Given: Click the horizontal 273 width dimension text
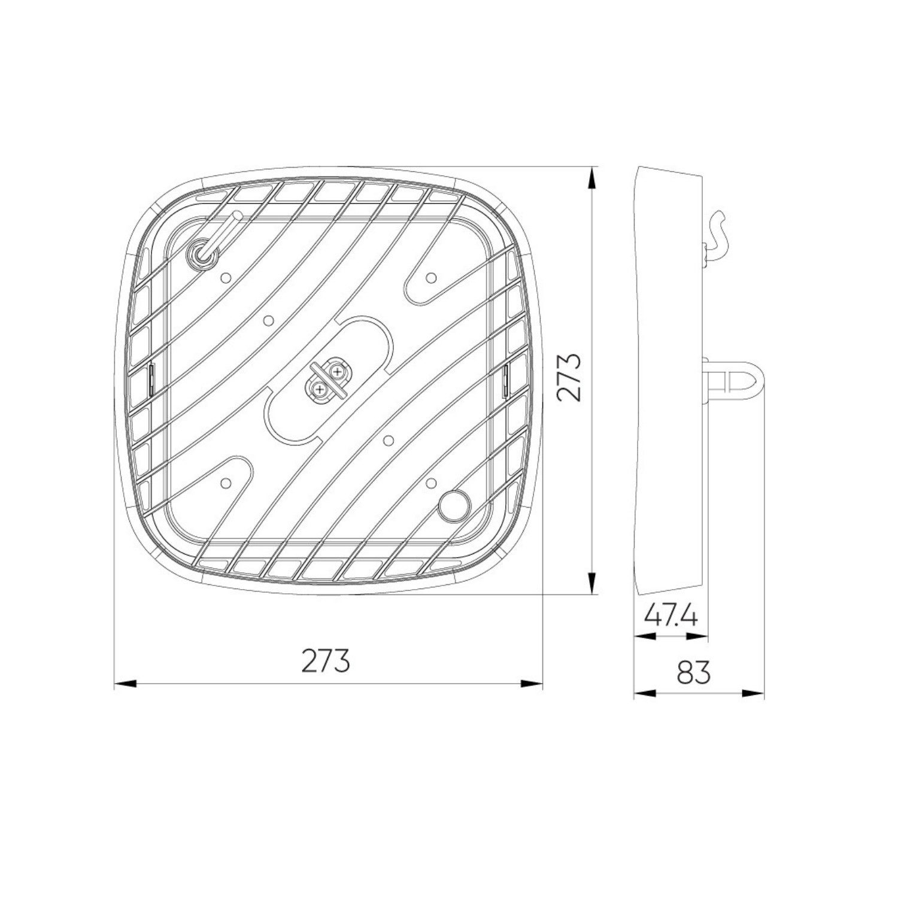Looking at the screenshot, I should click(326, 661).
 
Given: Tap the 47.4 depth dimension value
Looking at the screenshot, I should click(671, 617).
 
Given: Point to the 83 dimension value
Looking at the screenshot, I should click(694, 673).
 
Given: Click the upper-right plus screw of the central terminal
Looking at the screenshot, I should click(338, 372).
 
